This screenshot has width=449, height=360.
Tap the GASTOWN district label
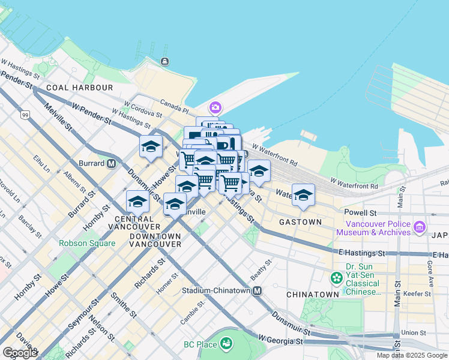(300, 221)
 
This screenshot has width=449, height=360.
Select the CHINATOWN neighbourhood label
(313, 295)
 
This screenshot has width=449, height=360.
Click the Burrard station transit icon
(111, 163)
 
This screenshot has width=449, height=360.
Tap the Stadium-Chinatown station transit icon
(258, 290)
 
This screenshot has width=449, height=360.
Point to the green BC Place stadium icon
(226, 344)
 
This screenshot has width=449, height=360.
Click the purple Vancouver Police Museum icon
(419, 227)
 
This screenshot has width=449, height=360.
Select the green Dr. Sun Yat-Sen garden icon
(336, 278)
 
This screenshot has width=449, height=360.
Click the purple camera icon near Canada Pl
(215, 109)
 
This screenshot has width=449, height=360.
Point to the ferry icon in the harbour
(164, 61)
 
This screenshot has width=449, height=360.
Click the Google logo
(20, 353)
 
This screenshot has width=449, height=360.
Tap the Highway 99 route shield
(25, 115)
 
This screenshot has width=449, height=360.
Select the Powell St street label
(360, 212)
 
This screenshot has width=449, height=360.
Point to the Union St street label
(413, 332)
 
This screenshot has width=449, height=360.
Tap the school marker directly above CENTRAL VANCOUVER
(137, 202)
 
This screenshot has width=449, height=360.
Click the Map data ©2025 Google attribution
(412, 355)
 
